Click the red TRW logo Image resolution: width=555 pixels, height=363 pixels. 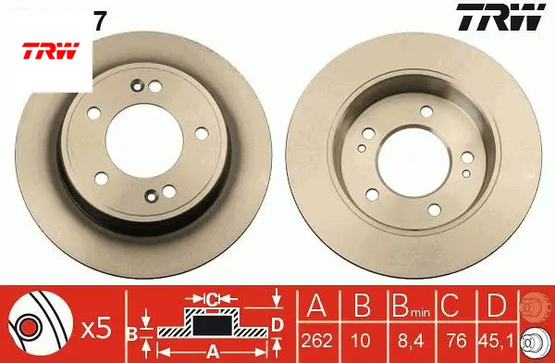(51, 51)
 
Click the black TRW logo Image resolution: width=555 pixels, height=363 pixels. (500, 18)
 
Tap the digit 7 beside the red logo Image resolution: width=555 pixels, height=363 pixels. (100, 23)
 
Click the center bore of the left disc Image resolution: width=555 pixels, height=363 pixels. (144, 141)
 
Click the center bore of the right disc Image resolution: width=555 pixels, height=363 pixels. (414, 162)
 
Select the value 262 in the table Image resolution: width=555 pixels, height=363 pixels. (317, 341)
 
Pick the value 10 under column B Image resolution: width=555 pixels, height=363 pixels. (361, 341)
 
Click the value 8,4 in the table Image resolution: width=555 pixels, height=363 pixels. (411, 342)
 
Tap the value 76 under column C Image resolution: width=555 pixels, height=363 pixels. (457, 341)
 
